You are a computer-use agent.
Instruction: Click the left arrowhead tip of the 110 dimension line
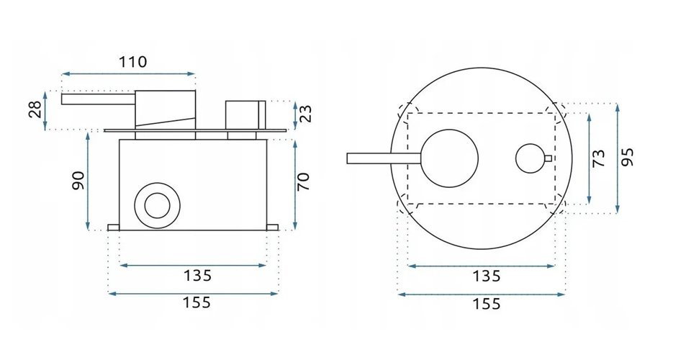(x=62, y=74)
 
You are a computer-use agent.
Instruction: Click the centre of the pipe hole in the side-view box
(x=157, y=205)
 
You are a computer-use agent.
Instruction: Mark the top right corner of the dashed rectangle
(x=555, y=113)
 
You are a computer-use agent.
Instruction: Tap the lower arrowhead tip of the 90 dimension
(x=88, y=230)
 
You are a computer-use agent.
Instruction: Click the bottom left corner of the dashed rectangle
(x=407, y=204)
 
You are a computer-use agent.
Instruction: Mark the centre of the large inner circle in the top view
(x=449, y=158)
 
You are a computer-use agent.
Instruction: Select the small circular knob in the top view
(x=531, y=158)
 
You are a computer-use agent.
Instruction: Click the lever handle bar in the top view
(x=384, y=158)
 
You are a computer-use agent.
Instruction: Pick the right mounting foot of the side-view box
(x=272, y=228)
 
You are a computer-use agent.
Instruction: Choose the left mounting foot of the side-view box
(x=114, y=228)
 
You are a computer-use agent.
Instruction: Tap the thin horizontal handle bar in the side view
(x=98, y=99)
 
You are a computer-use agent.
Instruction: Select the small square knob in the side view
(x=245, y=115)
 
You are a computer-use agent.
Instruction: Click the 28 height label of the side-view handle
(x=35, y=109)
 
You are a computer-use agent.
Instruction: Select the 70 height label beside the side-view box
(x=303, y=182)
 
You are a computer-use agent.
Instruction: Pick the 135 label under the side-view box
(x=197, y=276)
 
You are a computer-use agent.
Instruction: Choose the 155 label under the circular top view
(x=487, y=304)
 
